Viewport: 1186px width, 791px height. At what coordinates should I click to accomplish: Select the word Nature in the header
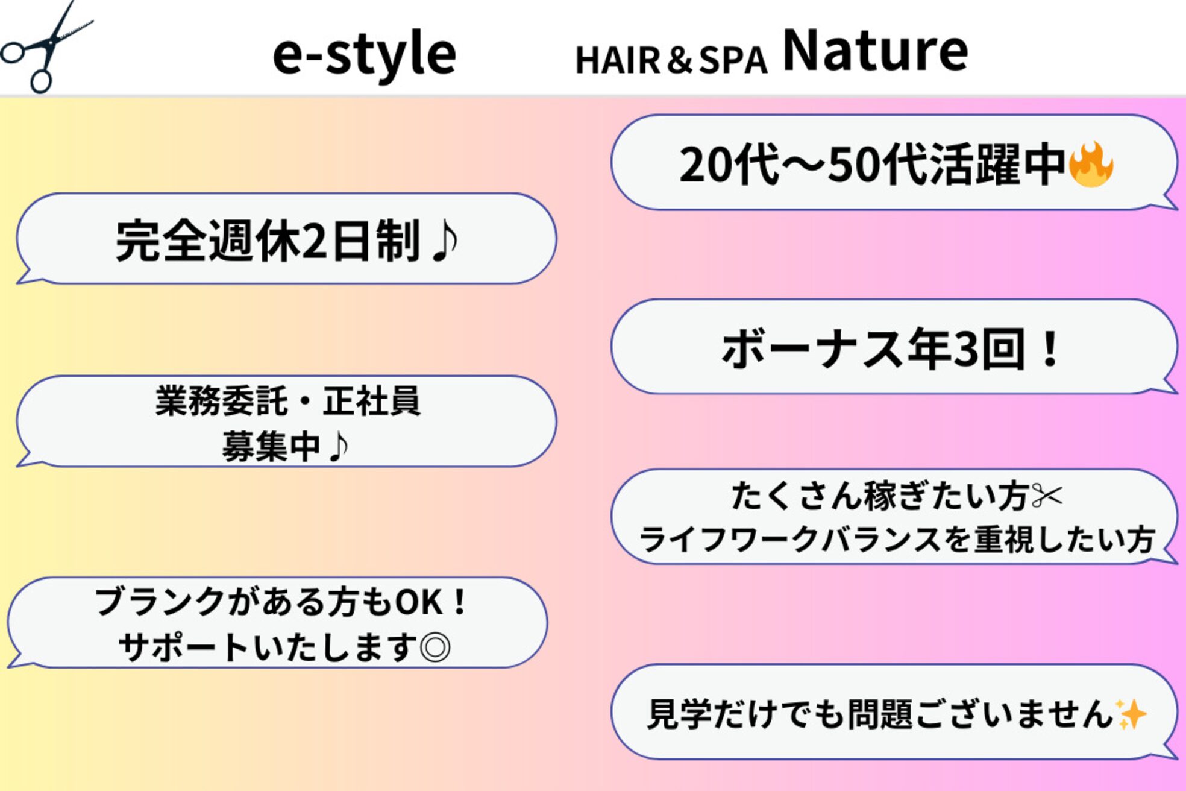pos(875,51)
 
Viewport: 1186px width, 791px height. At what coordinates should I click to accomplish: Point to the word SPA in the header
pos(733,60)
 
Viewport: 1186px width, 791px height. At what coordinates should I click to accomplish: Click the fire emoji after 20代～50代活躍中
pos(1091,165)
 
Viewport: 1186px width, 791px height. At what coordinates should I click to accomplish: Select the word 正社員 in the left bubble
pos(371,401)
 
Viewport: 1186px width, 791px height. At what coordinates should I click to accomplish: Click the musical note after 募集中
pos(339,447)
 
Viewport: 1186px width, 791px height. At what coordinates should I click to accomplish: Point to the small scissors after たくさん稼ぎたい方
pos(1047,496)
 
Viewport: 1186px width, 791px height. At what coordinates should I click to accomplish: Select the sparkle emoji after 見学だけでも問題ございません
pos(1131,714)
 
